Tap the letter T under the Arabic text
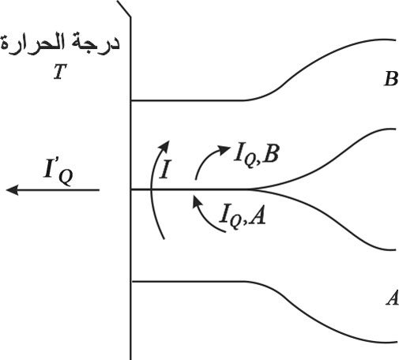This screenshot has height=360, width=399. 59,72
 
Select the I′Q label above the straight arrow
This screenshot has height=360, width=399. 58,171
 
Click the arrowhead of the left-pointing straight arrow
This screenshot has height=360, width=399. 12,189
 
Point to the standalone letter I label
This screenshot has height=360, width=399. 165,169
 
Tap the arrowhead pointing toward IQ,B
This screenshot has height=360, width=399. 224,150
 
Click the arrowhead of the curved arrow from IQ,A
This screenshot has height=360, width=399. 197,202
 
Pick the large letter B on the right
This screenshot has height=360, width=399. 391,79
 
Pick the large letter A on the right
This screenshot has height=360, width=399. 393,298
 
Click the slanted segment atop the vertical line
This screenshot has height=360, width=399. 123,9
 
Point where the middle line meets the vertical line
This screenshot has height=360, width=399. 131,189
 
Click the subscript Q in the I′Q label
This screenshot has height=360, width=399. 66,178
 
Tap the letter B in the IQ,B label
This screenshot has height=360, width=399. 270,153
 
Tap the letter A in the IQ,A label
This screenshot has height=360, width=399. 257,215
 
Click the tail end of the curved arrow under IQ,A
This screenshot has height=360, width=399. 225,231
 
